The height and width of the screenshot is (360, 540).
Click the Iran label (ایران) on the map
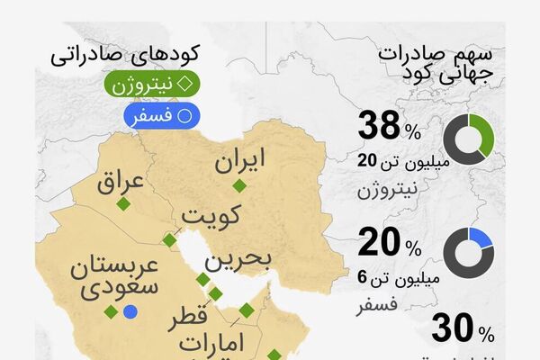point(240,162)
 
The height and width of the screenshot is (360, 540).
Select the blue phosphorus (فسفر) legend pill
point(162,115)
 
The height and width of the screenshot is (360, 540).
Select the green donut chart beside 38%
point(469,138)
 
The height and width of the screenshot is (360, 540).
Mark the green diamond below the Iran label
point(238,186)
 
